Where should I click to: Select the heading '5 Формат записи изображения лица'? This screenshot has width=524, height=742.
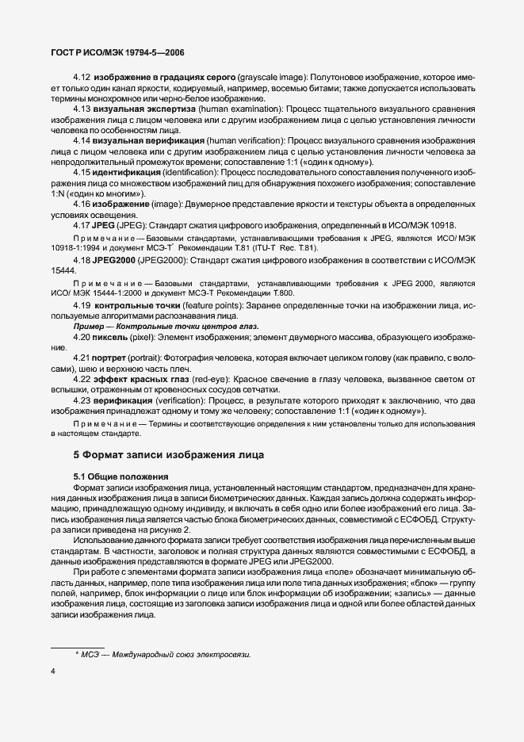tap(163, 455)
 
